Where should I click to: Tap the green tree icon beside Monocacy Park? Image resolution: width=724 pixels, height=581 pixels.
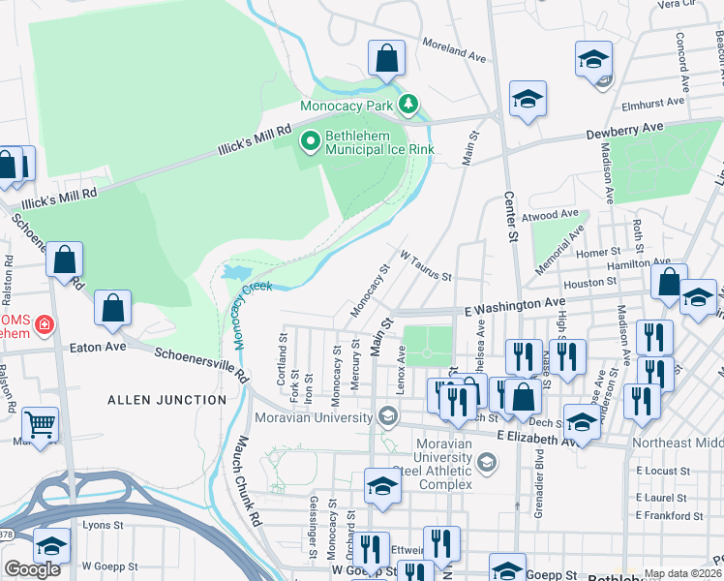pos(409,103)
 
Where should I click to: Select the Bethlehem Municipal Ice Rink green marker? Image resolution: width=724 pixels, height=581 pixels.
pos(311,142)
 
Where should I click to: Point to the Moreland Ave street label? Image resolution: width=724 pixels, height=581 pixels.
pos(453,50)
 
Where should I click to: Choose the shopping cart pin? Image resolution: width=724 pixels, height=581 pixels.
pos(40,424)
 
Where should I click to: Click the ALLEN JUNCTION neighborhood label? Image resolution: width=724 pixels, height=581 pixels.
pos(166,399)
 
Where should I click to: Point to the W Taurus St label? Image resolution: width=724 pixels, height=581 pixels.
pos(426,264)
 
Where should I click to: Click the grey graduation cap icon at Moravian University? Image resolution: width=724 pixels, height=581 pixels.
pos(388,417)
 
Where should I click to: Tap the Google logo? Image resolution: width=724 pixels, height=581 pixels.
pos(33,569)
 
